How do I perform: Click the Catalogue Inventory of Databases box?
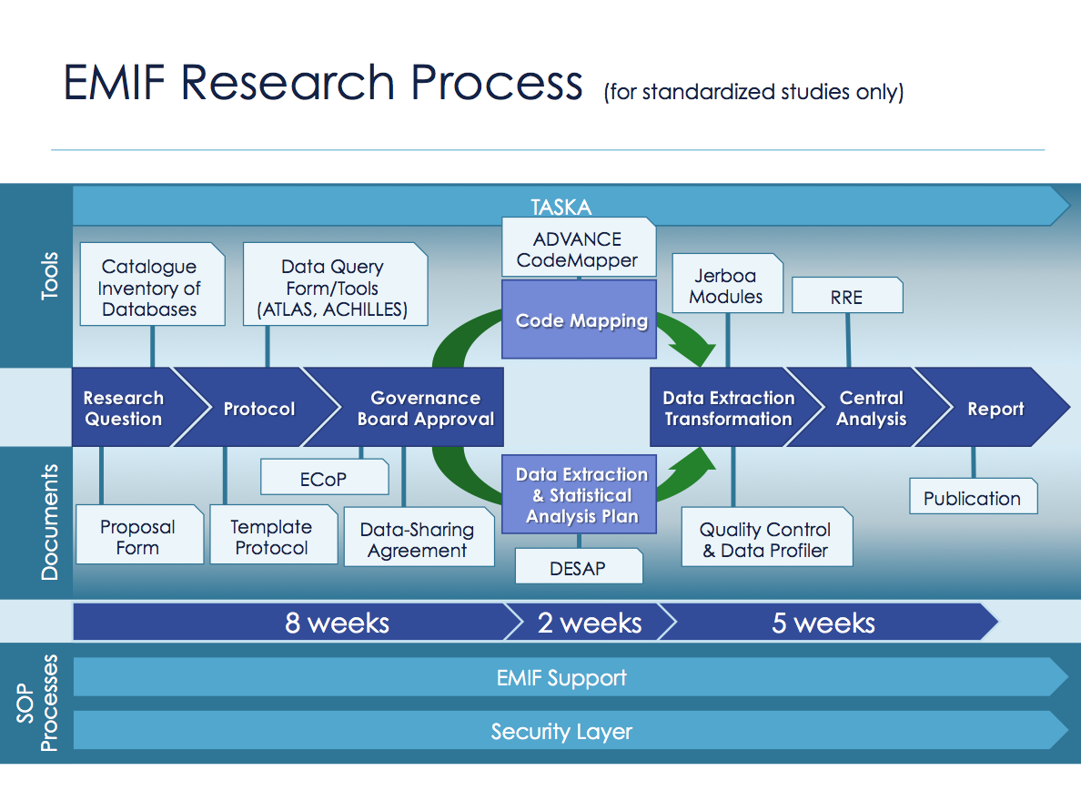(152, 283)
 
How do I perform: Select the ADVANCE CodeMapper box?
(579, 248)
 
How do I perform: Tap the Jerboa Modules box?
(727, 283)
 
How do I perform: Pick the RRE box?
(847, 295)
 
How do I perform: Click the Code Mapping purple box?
(579, 319)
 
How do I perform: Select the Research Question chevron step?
(131, 407)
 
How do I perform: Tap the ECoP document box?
(325, 477)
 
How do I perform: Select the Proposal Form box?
(139, 534)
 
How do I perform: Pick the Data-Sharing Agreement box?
(419, 537)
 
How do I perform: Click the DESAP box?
(579, 566)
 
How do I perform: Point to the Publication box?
(974, 496)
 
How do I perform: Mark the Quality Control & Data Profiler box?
(767, 537)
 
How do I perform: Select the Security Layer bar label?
(561, 731)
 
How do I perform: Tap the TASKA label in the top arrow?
(561, 207)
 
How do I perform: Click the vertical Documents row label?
(50, 522)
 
